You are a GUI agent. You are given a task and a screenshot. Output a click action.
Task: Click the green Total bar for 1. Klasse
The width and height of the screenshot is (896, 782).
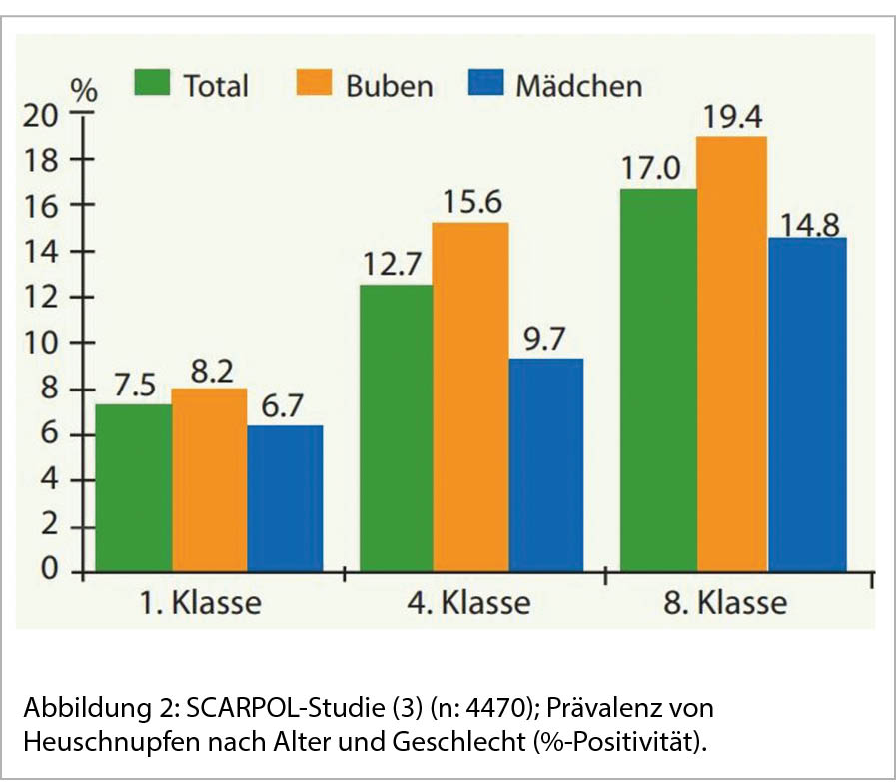click(x=133, y=488)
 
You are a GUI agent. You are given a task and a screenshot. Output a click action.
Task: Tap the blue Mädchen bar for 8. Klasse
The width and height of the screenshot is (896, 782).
click(x=808, y=404)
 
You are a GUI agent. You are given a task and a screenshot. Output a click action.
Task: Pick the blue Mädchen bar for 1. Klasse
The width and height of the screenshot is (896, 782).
click(x=285, y=498)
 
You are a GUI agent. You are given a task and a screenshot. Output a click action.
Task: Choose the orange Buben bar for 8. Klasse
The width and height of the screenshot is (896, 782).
click(x=732, y=354)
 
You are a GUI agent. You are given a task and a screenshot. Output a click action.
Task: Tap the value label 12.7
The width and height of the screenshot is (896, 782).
click(x=396, y=267)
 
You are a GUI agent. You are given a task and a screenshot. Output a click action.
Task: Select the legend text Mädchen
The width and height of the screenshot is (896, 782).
click(x=578, y=86)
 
